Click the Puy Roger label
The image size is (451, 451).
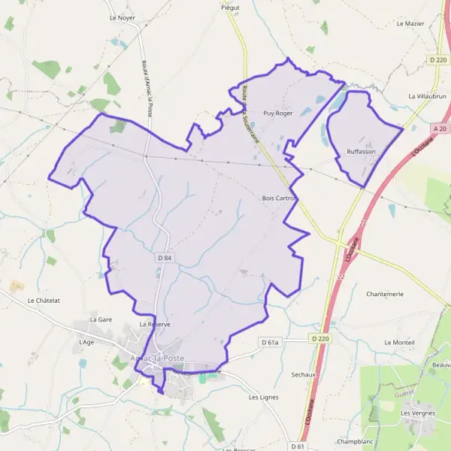(277, 114)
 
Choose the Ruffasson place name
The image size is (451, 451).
(361, 152)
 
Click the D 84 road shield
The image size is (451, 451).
(165, 258)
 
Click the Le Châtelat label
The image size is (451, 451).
(43, 301)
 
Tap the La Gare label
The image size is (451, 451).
(100, 319)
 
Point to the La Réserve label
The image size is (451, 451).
(155, 324)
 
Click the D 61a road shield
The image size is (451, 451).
(270, 343)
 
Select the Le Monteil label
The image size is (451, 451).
(398, 343)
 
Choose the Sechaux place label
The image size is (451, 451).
(302, 374)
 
